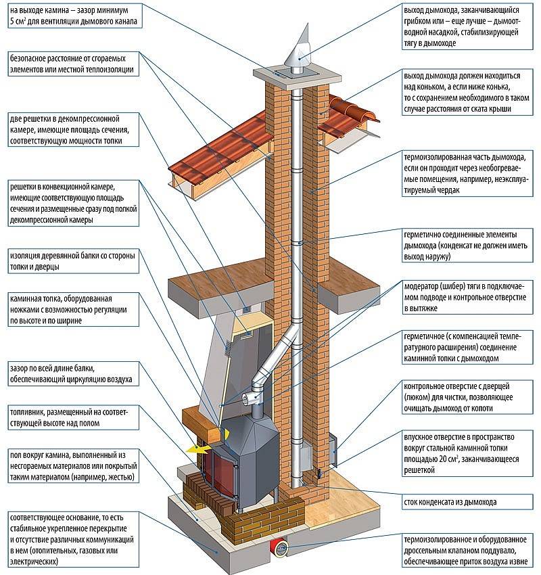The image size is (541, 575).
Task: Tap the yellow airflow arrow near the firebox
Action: [x=195, y=448]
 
